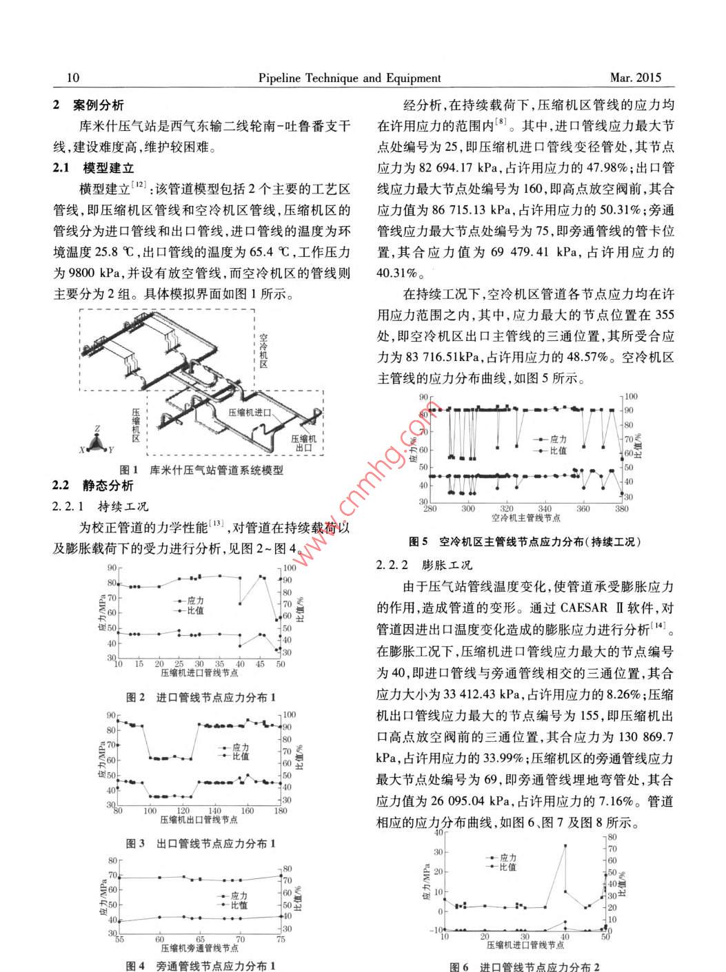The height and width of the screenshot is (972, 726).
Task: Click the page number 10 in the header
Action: pos(72,78)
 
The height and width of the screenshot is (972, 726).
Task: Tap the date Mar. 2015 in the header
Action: pos(636,78)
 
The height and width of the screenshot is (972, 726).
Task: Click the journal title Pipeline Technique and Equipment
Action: pos(350,78)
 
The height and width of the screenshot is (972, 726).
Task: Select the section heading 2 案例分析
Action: pos(89,105)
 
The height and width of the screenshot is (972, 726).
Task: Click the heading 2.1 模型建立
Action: pos(94,167)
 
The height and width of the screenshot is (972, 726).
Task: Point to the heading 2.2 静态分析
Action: pos(93,486)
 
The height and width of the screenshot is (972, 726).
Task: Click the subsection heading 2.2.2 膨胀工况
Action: pos(424,565)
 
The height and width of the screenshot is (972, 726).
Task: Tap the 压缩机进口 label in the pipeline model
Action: pos(250,413)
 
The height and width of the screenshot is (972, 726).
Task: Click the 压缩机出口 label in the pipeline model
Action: pos(304,443)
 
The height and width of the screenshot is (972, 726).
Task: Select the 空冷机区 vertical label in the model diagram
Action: pos(263,351)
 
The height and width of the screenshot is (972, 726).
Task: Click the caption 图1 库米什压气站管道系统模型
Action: pos(201,470)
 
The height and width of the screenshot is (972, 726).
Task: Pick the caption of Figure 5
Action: pos(525,541)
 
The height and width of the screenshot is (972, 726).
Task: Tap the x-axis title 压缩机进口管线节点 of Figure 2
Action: pos(199,672)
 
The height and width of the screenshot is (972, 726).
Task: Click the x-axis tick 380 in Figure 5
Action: pos(622,509)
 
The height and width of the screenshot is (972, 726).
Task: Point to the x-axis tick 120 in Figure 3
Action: pos(183,811)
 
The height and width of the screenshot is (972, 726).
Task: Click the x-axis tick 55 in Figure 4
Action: pos(120,939)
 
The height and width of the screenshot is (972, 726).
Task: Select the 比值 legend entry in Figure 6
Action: pos(507,867)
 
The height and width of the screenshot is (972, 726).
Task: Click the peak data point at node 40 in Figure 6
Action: pos(565,846)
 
